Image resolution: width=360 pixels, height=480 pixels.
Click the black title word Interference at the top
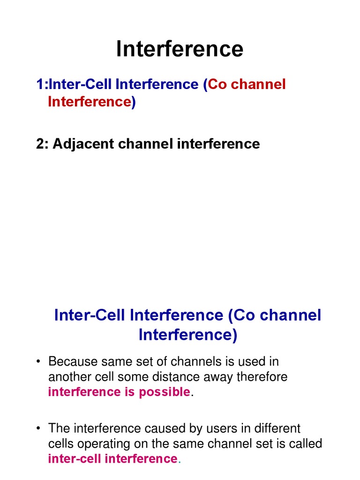(180, 49)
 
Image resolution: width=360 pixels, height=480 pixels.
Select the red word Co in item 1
(216, 84)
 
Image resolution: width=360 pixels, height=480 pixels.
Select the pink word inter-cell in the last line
(74, 459)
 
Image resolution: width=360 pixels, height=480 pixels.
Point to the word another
(69, 377)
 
